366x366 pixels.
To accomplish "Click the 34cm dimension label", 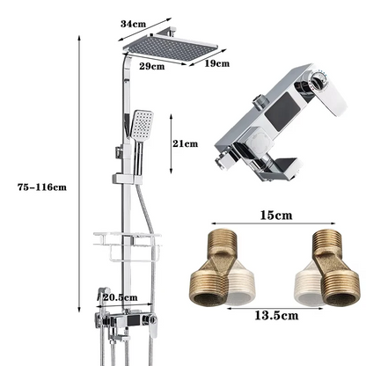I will click(x=134, y=24).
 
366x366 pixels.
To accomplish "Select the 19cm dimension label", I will click(x=216, y=62).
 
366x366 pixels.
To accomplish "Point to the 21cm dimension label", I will click(x=186, y=143).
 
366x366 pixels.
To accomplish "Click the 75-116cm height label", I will click(x=42, y=186).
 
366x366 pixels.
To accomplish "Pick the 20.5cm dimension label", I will click(x=117, y=297).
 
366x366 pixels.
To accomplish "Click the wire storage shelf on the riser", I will click(x=128, y=240).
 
